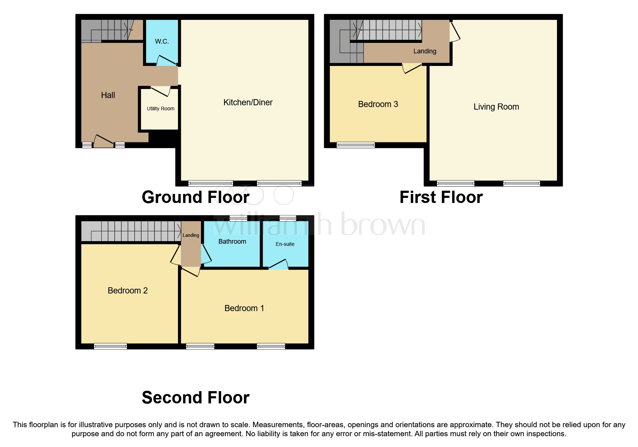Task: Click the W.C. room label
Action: pyautogui.click(x=162, y=41)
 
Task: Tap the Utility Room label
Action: pyautogui.click(x=160, y=109)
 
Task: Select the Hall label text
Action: pyautogui.click(x=108, y=95)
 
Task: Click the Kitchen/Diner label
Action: pyautogui.click(x=248, y=102)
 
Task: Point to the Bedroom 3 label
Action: pyautogui.click(x=378, y=104)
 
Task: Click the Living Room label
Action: pyautogui.click(x=496, y=107)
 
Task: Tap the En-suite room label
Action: pyautogui.click(x=285, y=244)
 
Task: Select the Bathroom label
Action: pyautogui.click(x=232, y=242)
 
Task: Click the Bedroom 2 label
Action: pyautogui.click(x=128, y=291)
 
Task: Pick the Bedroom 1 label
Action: pyautogui.click(x=244, y=308)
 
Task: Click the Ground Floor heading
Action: pyautogui.click(x=195, y=197)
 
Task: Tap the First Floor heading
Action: pyautogui.click(x=441, y=197)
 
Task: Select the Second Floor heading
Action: pyautogui.click(x=195, y=398)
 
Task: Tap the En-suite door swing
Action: pyautogui.click(x=279, y=265)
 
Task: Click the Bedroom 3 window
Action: pyautogui.click(x=356, y=145)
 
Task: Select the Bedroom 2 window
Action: pyautogui.click(x=110, y=346)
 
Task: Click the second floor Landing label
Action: pyautogui.click(x=191, y=235)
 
